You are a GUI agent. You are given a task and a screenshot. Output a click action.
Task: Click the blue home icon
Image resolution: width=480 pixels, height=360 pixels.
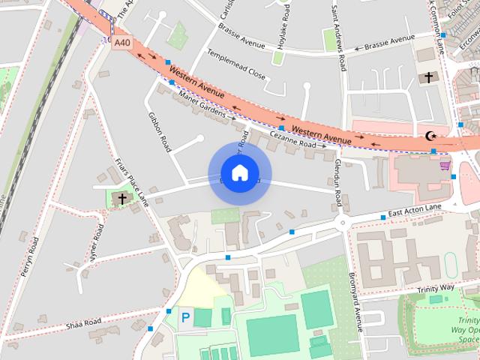click(239, 173)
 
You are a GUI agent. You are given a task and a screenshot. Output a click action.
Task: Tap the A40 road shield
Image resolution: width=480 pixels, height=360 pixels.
click(121, 43)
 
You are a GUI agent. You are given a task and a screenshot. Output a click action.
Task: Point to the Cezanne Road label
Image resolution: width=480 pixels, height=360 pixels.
click(292, 140)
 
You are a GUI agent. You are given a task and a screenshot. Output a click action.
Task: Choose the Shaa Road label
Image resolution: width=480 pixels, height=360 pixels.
click(83, 322)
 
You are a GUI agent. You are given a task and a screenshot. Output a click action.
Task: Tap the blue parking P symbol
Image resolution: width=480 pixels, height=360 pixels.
click(184, 317)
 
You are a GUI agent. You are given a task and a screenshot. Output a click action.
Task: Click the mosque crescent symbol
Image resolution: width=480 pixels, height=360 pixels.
click(430, 136)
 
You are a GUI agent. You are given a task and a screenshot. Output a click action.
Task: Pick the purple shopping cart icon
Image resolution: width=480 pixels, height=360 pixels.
click(445, 165)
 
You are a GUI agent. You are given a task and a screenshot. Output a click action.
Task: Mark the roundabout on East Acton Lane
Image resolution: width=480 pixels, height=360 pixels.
click(343, 223)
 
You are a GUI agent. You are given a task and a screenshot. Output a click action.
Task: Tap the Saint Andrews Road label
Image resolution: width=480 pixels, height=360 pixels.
click(337, 37)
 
